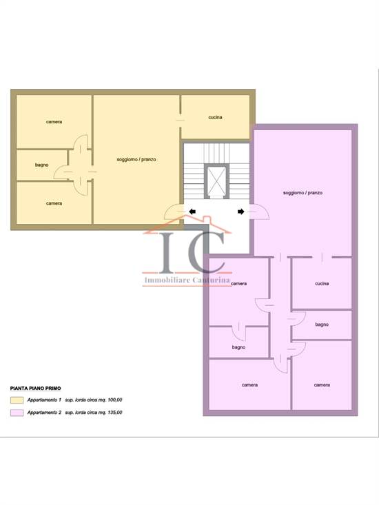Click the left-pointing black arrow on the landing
(x=192, y=212)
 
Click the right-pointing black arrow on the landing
(x=241, y=212)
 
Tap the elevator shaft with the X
(x=216, y=181)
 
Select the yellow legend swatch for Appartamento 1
(x=17, y=400)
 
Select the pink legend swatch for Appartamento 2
(x=17, y=413)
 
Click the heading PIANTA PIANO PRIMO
(x=35, y=389)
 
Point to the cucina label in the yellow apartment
(x=215, y=117)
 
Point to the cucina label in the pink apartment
(x=322, y=283)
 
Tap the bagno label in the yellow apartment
(x=41, y=165)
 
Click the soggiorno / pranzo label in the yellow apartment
(x=136, y=159)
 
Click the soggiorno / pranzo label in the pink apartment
(x=303, y=193)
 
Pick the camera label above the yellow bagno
(x=54, y=122)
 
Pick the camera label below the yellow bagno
(x=54, y=203)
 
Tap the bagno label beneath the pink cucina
(x=322, y=324)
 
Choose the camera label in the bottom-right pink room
(x=322, y=385)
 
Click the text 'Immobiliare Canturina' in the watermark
(x=187, y=280)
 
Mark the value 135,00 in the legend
(x=114, y=412)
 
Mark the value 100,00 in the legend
(x=114, y=400)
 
